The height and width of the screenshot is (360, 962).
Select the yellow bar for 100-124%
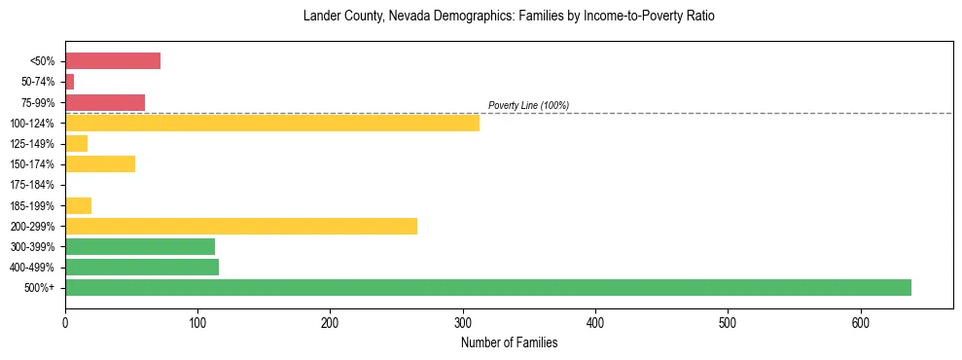click(x=272, y=123)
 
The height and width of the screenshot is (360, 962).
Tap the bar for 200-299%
click(x=241, y=226)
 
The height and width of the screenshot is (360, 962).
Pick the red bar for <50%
click(x=113, y=61)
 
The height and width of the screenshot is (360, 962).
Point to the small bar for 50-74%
click(x=69, y=82)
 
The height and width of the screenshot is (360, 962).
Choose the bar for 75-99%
click(x=105, y=102)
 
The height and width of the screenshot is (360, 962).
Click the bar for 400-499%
click(x=142, y=267)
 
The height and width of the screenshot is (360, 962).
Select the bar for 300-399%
click(x=140, y=246)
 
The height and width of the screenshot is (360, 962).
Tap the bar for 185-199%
click(x=78, y=205)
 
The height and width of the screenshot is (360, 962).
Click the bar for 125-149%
click(x=76, y=143)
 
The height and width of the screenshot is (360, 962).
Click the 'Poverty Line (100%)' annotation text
click(x=528, y=105)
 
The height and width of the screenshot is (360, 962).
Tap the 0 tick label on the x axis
click(x=65, y=323)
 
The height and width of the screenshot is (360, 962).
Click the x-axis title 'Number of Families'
click(x=509, y=342)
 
